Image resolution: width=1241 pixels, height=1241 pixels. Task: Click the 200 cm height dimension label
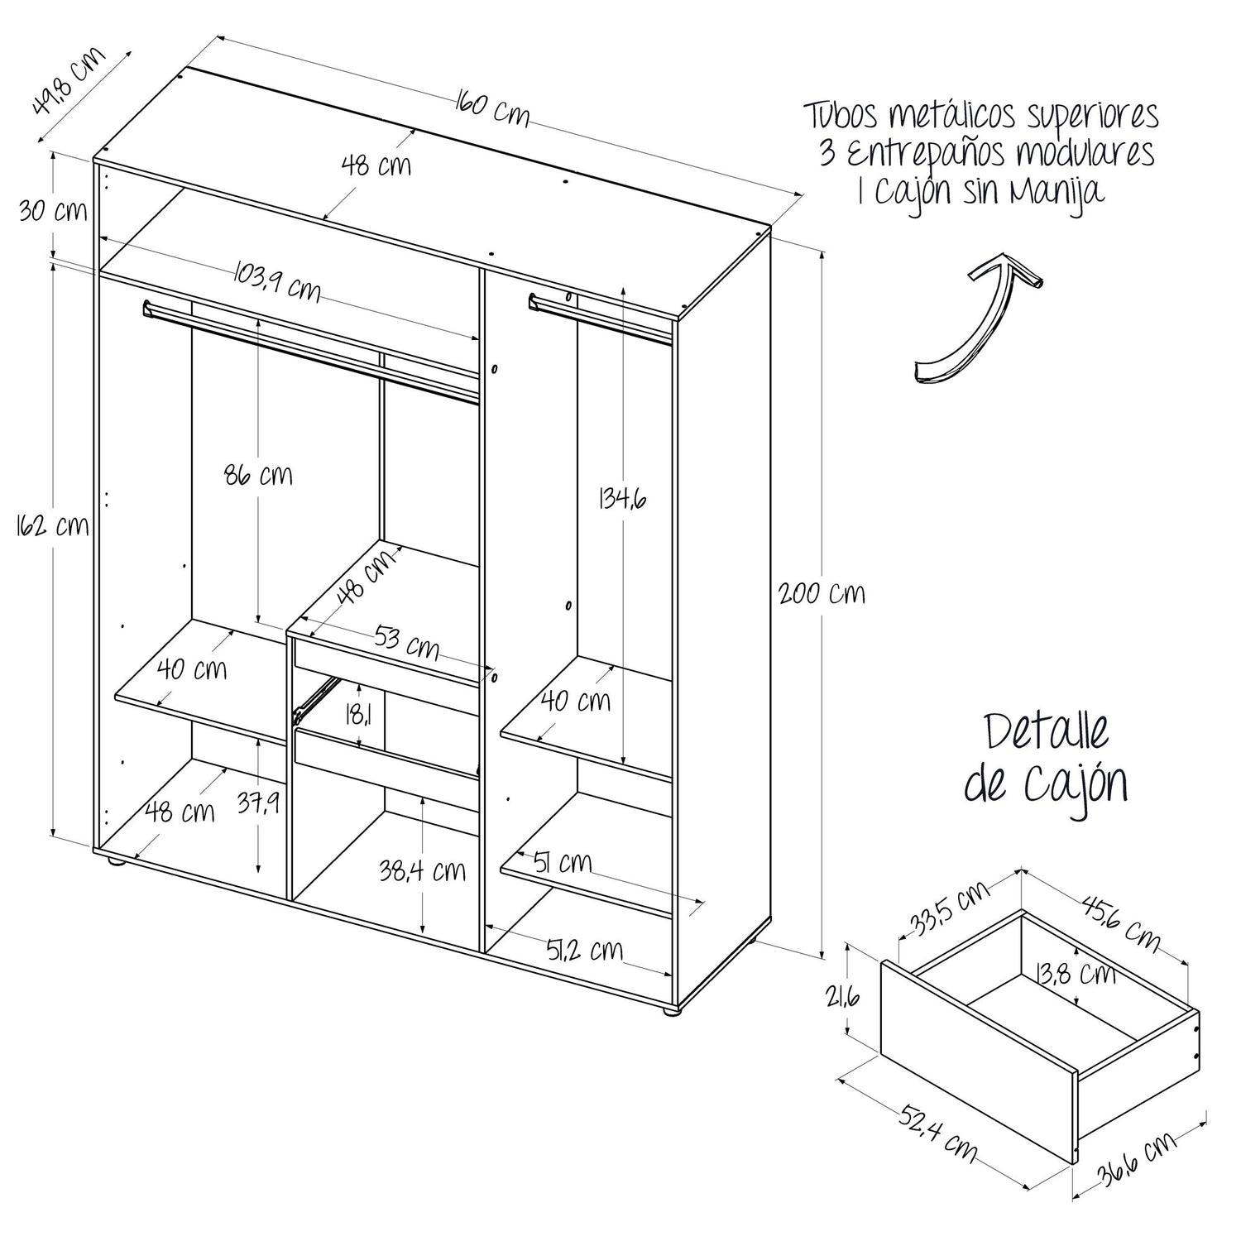tap(821, 592)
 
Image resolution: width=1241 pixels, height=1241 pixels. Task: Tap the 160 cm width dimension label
tap(491, 110)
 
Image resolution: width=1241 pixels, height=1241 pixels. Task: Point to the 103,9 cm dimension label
tap(277, 281)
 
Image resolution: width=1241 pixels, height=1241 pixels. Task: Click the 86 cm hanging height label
tap(258, 476)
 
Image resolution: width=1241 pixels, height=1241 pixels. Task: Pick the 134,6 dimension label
tap(622, 499)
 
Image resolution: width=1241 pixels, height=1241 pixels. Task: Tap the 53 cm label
tap(406, 642)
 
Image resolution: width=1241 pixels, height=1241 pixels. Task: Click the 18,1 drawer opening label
tap(357, 713)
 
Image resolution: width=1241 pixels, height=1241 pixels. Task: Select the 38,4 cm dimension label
tap(422, 870)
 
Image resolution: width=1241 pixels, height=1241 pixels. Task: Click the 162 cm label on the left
tap(52, 525)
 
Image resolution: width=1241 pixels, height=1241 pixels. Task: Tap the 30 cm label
tap(53, 211)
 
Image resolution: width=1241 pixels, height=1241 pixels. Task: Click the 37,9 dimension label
tap(258, 803)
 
